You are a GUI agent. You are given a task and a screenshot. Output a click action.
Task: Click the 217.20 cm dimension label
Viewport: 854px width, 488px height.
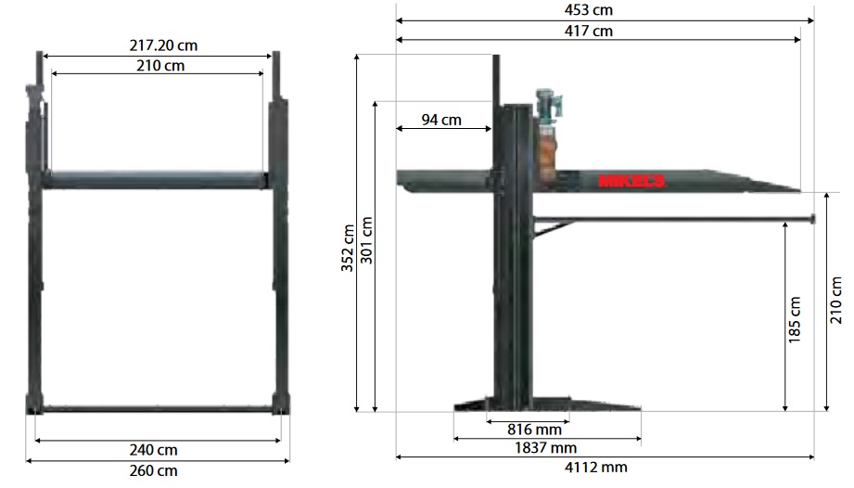163,45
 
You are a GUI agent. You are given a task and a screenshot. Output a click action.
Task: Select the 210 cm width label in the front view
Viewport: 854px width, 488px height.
160,66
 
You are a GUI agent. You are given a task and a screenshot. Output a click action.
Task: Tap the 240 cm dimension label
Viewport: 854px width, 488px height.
154,450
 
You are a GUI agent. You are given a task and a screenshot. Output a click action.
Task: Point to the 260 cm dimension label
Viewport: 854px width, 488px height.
154,470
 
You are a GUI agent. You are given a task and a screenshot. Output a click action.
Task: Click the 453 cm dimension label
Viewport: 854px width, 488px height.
588,10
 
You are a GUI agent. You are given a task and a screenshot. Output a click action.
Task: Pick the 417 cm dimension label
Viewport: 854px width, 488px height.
588,31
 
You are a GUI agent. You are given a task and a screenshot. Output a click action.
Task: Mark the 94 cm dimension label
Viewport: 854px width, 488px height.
441,120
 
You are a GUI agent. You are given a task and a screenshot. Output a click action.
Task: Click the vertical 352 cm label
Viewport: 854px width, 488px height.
348,248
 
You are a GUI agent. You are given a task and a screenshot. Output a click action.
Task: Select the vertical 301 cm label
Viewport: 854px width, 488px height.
366,240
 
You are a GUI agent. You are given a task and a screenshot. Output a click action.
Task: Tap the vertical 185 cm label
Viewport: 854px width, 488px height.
795,320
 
